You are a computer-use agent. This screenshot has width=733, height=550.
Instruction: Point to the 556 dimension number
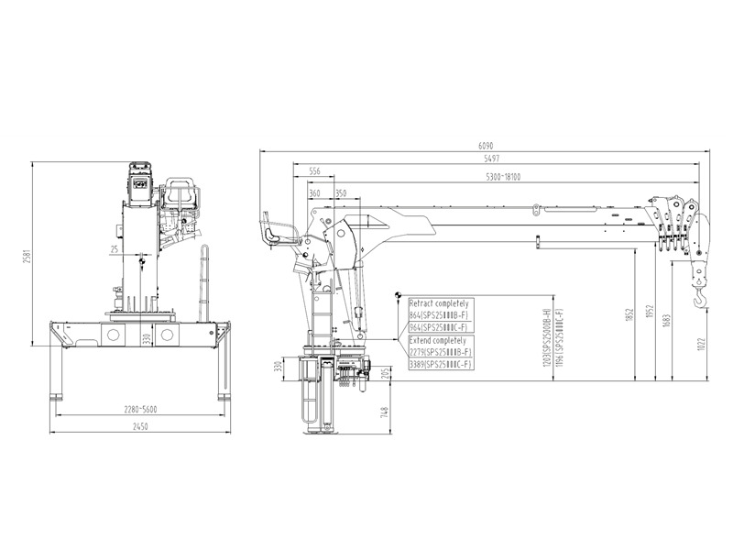point(314,171)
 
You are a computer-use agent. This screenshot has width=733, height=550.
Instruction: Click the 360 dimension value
point(315,193)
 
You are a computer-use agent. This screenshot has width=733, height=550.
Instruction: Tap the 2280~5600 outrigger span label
point(137,409)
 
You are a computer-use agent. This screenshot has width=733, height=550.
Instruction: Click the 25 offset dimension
point(114,248)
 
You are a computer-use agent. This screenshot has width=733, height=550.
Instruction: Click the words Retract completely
point(438,302)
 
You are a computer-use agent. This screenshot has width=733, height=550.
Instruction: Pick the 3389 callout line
point(440,365)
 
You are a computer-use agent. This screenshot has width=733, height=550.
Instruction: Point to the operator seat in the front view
point(179,197)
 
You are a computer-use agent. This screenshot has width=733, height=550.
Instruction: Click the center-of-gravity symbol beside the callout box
point(399,295)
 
